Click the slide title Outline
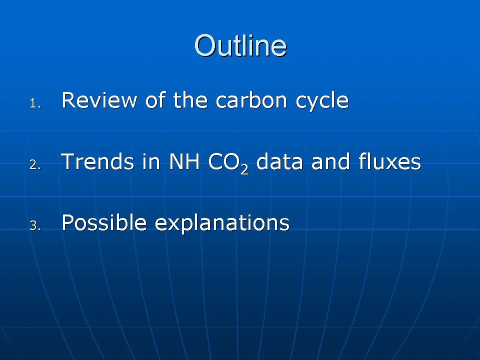tap(240, 45)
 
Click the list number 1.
tap(35, 103)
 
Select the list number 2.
tap(35, 164)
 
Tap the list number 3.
tap(35, 226)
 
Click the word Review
tap(99, 100)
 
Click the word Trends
tap(97, 161)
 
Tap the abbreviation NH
tap(184, 161)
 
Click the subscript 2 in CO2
tap(244, 168)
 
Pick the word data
tap(279, 161)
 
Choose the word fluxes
tap(389, 161)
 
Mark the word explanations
tap(222, 224)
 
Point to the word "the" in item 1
tap(190, 100)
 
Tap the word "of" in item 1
tap(155, 100)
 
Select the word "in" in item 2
tap(151, 161)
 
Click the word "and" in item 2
tap(330, 161)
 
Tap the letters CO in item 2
tap(224, 161)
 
